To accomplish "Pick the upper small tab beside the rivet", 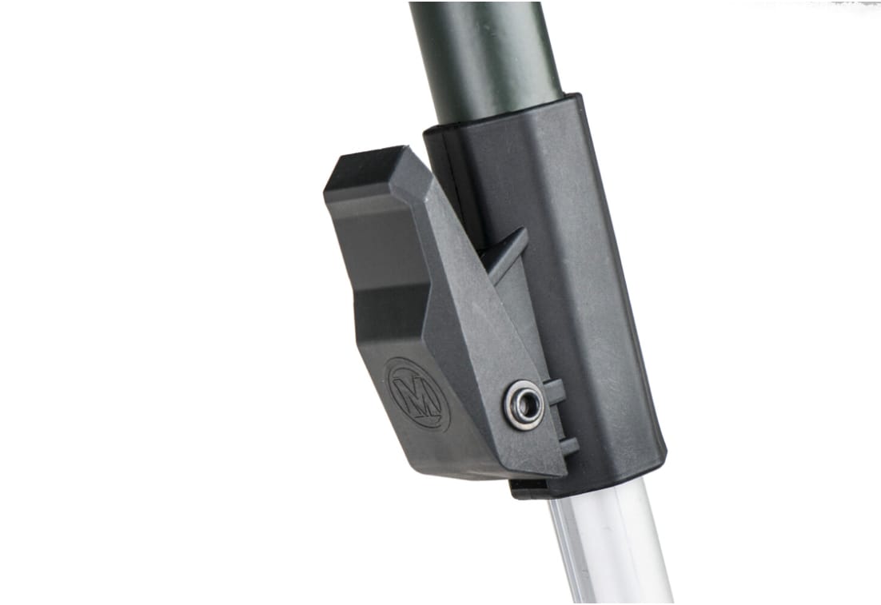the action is [x=554, y=392].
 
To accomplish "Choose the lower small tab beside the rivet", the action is [x=568, y=447].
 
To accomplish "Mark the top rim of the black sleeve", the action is [x=503, y=114].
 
